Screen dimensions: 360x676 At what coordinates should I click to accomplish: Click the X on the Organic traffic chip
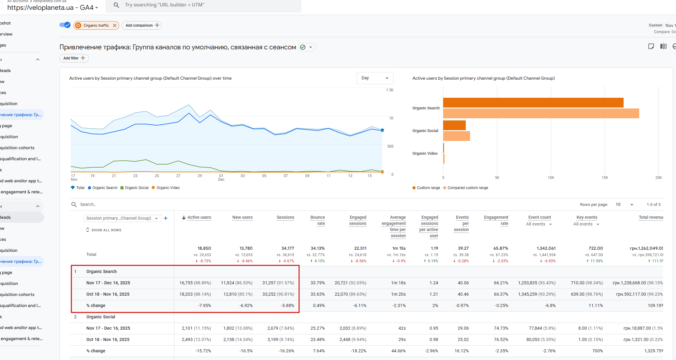[115, 25]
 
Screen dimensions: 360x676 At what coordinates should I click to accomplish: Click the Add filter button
[74, 58]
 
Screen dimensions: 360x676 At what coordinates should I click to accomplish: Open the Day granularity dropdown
[375, 78]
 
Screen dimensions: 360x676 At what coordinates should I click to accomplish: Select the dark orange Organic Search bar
[533, 103]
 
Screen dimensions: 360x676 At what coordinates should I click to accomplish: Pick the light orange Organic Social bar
[457, 136]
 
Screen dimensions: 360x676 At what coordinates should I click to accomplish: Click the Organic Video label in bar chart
[425, 153]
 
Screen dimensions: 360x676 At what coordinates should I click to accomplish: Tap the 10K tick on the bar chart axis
[551, 178]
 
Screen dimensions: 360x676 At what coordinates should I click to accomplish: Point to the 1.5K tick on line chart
[389, 90]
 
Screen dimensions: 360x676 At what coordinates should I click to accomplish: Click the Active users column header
[199, 218]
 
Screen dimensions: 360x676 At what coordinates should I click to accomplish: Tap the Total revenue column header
[651, 218]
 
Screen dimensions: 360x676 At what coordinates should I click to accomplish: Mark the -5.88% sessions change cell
[287, 305]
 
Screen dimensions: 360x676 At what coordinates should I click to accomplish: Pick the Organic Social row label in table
[101, 317]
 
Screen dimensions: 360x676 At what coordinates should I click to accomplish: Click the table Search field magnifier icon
[74, 204]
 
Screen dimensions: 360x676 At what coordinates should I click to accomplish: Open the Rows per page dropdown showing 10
[624, 204]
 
